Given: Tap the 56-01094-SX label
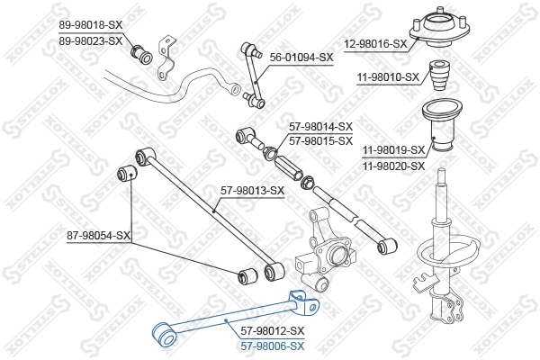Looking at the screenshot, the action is (301, 57).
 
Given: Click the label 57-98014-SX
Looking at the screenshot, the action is (320, 128).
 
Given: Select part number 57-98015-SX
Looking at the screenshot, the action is (320, 141).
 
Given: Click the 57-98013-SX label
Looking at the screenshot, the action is (252, 190).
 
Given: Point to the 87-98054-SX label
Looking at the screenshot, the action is (99, 236).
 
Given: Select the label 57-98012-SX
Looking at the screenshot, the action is (274, 331).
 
